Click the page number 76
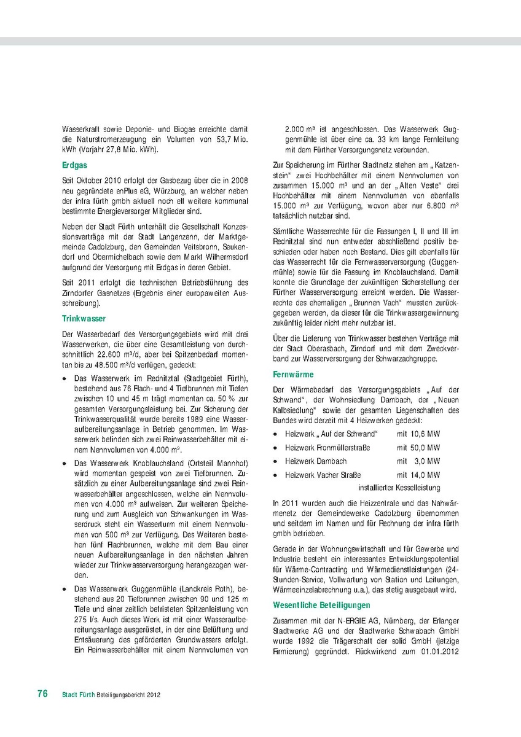point(42,694)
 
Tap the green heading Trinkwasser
point(84,318)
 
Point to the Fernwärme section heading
point(293,374)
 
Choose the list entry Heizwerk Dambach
point(316,461)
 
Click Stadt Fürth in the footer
point(77,695)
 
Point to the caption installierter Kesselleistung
point(399,488)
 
